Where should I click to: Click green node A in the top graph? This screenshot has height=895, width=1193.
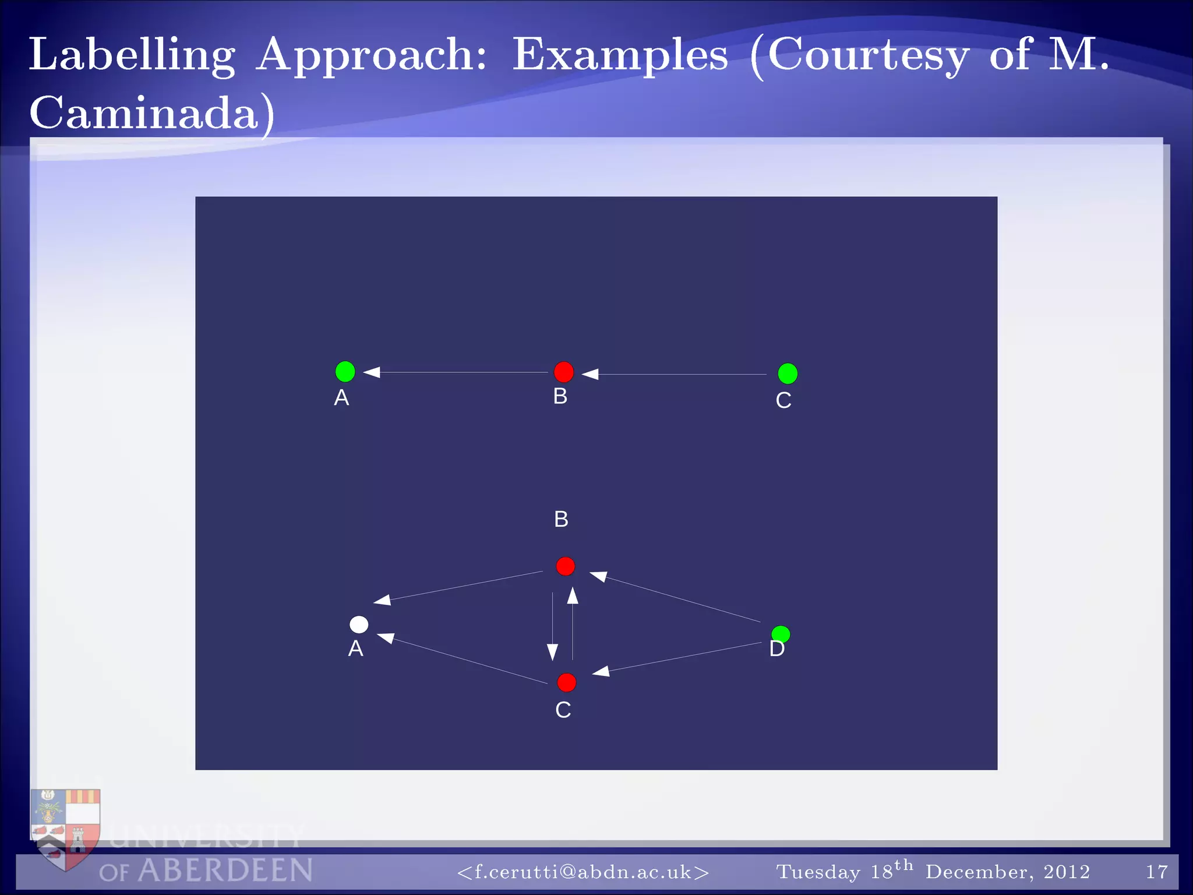tap(345, 371)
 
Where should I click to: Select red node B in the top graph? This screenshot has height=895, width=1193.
tap(563, 372)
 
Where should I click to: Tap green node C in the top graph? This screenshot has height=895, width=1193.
tap(788, 373)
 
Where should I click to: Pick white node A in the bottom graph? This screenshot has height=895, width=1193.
tap(359, 625)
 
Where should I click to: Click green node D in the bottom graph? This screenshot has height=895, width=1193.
tap(781, 633)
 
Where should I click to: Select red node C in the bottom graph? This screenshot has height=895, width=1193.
tap(566, 682)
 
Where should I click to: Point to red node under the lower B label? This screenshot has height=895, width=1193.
tap(565, 566)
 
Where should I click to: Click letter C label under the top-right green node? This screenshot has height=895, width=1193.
tap(783, 400)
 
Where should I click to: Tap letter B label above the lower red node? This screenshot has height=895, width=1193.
tap(561, 519)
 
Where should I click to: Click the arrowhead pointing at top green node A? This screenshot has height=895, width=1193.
tap(372, 372)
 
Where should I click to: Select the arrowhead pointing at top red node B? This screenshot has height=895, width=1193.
tap(590, 374)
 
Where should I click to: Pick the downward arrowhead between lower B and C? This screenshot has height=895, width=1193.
tap(552, 652)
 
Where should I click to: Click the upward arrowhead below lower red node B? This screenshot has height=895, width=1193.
tap(573, 595)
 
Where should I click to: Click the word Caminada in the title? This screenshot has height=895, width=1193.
tap(144, 112)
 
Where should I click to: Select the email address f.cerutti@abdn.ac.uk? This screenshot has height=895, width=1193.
tap(583, 872)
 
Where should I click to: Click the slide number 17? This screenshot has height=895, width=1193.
tap(1156, 872)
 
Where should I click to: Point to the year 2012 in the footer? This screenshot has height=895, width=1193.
tap(1066, 872)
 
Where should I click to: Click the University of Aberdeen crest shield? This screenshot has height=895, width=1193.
tap(65, 827)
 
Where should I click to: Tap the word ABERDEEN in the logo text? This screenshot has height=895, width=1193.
tap(225, 871)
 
